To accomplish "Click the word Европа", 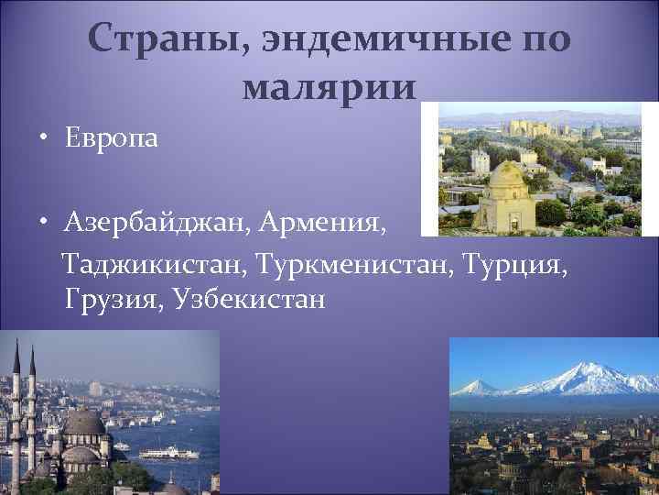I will pyautogui.click(x=111, y=139).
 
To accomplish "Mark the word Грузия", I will pyautogui.click(x=107, y=300).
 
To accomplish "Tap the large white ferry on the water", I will pyautogui.click(x=167, y=453).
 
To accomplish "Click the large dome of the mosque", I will pyautogui.click(x=85, y=423).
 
